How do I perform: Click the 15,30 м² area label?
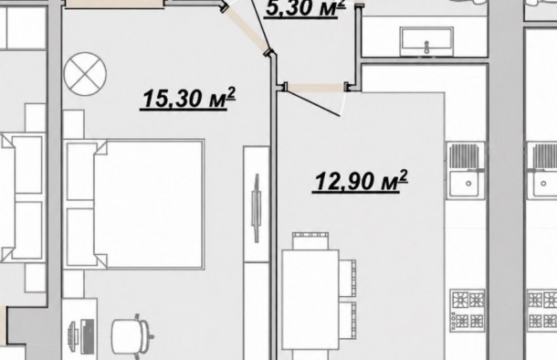point(188,99)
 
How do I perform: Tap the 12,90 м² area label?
point(361,181)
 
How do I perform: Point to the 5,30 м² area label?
point(306,8)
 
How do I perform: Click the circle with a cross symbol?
point(85,74)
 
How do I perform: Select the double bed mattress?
point(149,204)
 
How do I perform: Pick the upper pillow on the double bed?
point(80,171)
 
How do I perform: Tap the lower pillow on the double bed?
point(80,237)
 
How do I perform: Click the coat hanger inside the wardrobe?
point(257,208)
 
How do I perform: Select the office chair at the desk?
point(132,336)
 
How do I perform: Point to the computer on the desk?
point(81,336)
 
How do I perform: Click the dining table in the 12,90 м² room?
point(310,300)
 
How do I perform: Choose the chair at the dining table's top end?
point(310,240)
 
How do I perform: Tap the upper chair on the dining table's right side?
point(347,278)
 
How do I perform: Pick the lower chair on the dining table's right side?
point(347,320)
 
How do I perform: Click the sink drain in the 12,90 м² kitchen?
point(468,184)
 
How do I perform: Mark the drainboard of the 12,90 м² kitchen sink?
point(464,155)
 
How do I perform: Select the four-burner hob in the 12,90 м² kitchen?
point(468,311)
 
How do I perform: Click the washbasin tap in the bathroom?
point(426,48)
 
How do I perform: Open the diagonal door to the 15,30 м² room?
point(246,30)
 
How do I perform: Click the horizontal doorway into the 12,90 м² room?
point(315,87)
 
